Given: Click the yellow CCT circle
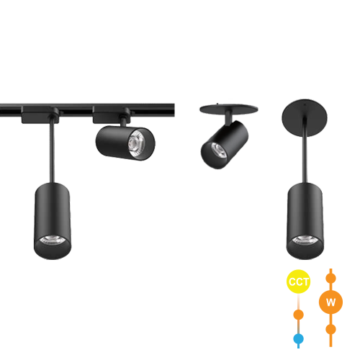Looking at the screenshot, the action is tap(298, 282).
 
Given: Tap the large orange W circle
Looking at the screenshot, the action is tap(330, 302).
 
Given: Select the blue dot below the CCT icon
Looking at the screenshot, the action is tap(298, 338).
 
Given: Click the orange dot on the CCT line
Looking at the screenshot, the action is tap(298, 315).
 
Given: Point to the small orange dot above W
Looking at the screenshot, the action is tap(330, 279).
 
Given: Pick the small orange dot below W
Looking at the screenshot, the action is tap(330, 329).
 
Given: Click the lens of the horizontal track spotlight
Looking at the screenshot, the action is tap(135, 143).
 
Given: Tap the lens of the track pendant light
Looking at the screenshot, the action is tap(53, 240).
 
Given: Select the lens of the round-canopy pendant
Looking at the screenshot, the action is tap(305, 240).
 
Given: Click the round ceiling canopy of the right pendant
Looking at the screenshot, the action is tap(305, 118).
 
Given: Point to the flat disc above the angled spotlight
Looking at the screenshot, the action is tap(229, 109).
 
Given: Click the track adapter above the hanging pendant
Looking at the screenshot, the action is tap(40, 114).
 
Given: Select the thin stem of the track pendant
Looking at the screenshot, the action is tap(52, 150).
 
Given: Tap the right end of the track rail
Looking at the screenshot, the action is tap(174, 110).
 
